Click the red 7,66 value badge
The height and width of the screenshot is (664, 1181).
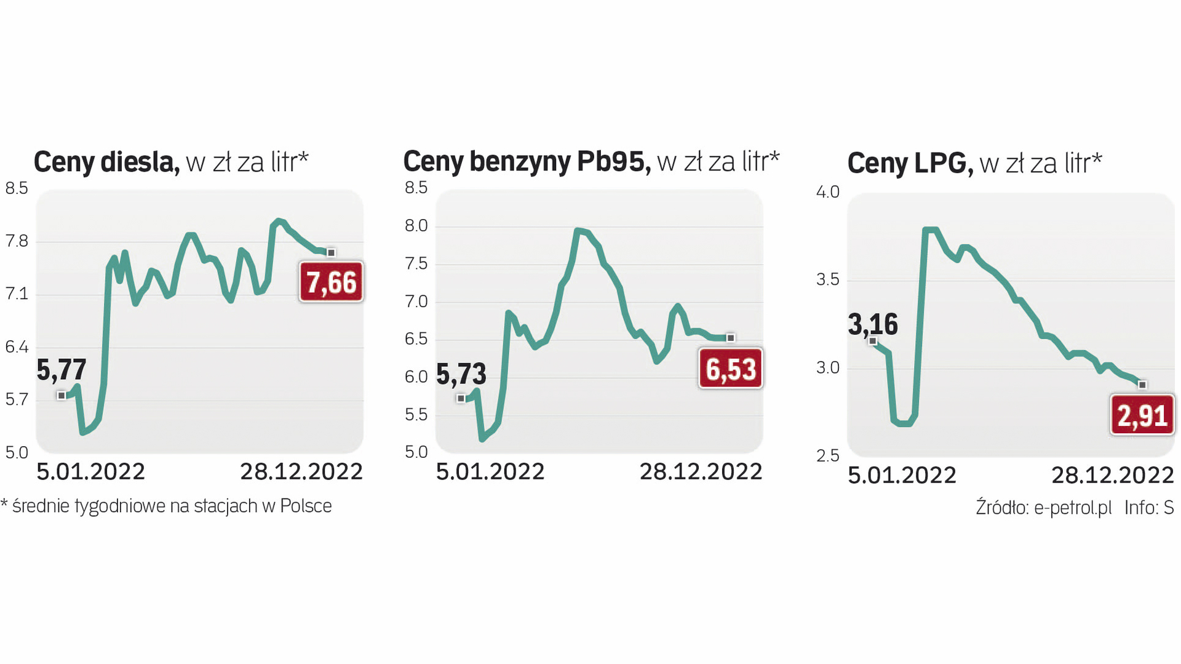click(331, 282)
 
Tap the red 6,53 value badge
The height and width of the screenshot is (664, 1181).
click(731, 369)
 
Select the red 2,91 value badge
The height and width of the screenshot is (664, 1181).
click(1142, 416)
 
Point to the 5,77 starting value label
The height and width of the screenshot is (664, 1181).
click(62, 370)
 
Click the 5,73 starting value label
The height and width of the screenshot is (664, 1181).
click(461, 374)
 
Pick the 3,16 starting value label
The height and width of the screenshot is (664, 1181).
click(873, 324)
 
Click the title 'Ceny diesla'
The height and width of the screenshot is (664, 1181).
click(106, 162)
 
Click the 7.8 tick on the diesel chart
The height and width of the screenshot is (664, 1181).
click(17, 241)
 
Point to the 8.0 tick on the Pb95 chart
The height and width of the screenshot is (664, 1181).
click(416, 226)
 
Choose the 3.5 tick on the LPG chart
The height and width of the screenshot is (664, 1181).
click(827, 280)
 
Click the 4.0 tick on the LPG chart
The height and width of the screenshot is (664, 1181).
click(827, 192)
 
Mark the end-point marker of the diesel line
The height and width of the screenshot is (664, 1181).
click(331, 253)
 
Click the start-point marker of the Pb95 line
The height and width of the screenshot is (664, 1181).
click(461, 399)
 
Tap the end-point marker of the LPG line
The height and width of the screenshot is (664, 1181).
click(1142, 385)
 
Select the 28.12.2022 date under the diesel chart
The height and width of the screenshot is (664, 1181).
click(301, 472)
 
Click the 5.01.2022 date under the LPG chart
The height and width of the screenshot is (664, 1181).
click(902, 475)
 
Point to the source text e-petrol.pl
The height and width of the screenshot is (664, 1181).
click(1073, 508)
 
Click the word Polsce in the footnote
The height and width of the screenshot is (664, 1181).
click(306, 506)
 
